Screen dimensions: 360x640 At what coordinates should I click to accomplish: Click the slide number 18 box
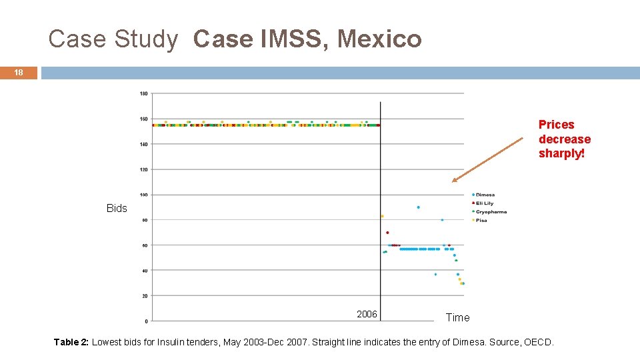point(19,73)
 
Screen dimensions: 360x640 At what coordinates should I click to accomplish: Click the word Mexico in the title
point(379,39)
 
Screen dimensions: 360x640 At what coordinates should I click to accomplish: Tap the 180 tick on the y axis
point(144,93)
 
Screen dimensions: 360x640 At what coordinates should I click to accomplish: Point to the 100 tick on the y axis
point(144,195)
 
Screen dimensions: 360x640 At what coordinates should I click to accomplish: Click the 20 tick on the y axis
point(145,295)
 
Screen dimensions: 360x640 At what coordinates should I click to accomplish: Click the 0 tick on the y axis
point(146,320)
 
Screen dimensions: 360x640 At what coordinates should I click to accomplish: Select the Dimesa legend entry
point(485,195)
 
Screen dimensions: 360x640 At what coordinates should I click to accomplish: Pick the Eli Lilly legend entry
point(484,203)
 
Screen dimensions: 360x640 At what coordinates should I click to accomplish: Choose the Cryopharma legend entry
point(491,212)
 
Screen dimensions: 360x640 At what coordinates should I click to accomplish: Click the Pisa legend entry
point(481,220)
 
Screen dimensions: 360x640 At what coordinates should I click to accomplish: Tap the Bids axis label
point(117,209)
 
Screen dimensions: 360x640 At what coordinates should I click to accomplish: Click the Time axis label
point(457,318)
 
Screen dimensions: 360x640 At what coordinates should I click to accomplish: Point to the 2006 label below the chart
point(367,314)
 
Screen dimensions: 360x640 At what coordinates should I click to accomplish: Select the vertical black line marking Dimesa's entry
point(380,200)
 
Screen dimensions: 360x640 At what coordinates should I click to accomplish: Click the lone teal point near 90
point(418,207)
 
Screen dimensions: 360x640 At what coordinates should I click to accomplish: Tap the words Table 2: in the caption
point(71,342)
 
